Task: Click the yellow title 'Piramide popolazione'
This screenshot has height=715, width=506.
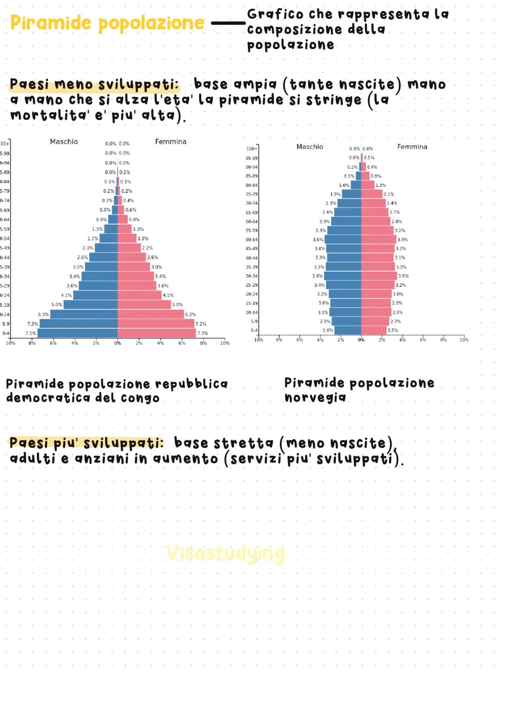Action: coord(107,23)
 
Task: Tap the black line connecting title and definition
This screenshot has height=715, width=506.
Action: coord(228,23)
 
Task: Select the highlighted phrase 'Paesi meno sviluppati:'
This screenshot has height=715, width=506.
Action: coord(94,85)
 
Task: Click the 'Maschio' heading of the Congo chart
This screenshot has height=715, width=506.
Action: coord(64,142)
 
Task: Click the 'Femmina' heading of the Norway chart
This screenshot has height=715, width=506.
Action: coord(412,147)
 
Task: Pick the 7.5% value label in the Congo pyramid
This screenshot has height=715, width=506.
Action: coord(30,334)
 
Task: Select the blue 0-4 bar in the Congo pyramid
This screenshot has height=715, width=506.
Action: coord(77,333)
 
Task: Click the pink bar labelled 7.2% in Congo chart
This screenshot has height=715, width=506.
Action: coord(156,324)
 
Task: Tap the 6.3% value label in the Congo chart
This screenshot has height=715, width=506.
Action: coord(43,314)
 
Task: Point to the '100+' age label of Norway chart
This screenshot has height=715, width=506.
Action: coord(252,149)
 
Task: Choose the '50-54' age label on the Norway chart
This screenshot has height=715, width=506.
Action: coord(252,240)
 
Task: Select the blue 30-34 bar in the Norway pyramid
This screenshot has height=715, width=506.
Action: coord(342,276)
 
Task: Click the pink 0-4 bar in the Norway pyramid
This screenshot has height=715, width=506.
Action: coord(373,330)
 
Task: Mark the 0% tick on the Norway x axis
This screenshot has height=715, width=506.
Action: coord(361,340)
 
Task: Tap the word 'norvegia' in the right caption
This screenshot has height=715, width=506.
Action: coord(315,398)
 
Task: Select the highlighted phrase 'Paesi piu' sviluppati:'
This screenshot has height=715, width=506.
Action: coord(87,443)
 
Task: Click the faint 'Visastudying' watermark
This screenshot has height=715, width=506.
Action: coord(225,553)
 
